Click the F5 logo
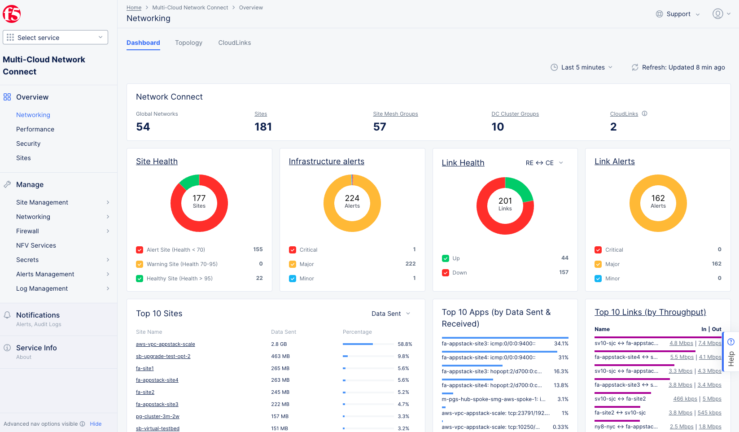click(12, 14)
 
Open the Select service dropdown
click(55, 38)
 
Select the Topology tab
click(188, 43)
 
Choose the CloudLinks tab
click(234, 43)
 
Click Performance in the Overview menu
click(35, 129)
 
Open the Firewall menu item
click(27, 231)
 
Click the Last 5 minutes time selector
click(582, 67)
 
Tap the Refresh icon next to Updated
click(635, 67)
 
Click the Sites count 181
click(263, 127)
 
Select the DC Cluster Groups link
click(515, 114)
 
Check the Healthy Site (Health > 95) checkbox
click(140, 279)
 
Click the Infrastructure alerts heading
click(326, 161)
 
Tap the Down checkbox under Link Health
click(446, 273)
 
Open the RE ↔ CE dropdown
click(544, 163)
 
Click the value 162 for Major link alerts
click(716, 264)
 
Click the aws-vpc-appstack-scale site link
click(165, 344)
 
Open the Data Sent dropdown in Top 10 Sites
click(390, 314)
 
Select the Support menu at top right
click(678, 14)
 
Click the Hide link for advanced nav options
click(96, 424)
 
